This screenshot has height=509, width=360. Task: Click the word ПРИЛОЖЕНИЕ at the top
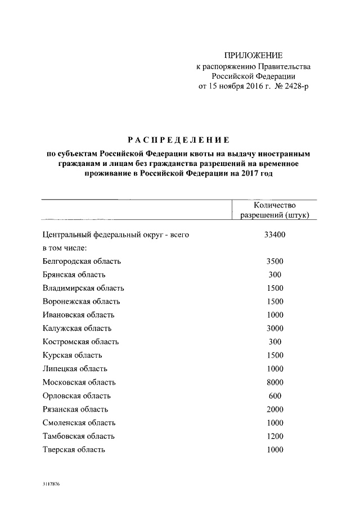(x=253, y=55)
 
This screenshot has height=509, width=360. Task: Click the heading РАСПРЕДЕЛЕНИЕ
(x=177, y=139)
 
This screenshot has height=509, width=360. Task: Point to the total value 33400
(x=275, y=235)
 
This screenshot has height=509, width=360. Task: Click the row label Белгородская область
(x=82, y=261)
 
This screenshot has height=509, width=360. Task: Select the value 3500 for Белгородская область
(x=275, y=261)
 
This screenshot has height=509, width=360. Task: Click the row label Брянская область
(x=74, y=274)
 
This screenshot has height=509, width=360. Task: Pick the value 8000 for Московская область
(x=275, y=382)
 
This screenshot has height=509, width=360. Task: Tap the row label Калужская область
(x=77, y=328)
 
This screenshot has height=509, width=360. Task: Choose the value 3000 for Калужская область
(x=275, y=328)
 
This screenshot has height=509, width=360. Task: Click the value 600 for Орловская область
(x=275, y=396)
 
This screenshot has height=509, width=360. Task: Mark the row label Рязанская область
(x=75, y=409)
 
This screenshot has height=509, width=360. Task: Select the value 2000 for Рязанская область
(x=275, y=409)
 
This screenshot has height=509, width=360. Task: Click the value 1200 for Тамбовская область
(x=275, y=436)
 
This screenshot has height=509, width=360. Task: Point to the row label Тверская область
(x=74, y=450)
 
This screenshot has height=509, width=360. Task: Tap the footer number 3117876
(x=50, y=484)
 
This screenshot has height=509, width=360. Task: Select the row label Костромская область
(x=80, y=342)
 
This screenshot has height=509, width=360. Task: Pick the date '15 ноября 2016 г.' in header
(x=239, y=86)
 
